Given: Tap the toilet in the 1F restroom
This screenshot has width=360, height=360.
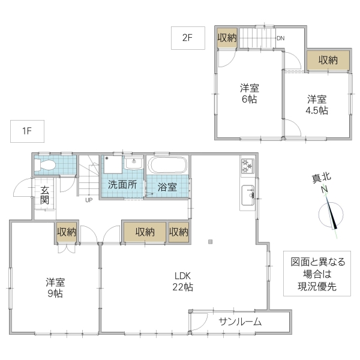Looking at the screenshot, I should pyautogui.click(x=46, y=165).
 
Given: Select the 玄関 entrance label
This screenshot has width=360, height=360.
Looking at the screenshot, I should pyautogui.click(x=44, y=195).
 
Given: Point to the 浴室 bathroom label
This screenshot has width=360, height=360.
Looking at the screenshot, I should pyautogui.click(x=167, y=187).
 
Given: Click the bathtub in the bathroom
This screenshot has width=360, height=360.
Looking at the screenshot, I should pyautogui.click(x=168, y=165).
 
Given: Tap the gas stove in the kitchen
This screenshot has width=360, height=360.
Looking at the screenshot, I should pyautogui.click(x=248, y=164).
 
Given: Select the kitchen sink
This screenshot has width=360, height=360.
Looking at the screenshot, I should pyautogui.click(x=248, y=194).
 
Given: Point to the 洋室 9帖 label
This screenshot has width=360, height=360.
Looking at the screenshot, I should pyautogui.click(x=55, y=287).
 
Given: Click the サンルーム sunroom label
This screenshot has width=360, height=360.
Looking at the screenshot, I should pyautogui.click(x=240, y=322).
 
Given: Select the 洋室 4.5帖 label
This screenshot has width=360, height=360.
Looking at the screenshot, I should pyautogui.click(x=317, y=104).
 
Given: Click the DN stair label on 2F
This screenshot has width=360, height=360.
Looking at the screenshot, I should pyautogui.click(x=280, y=40).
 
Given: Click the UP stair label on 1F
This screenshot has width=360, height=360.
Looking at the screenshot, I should pyautogui.click(x=89, y=200).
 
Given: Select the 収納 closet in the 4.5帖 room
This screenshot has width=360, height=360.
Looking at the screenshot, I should pyautogui.click(x=327, y=60).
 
